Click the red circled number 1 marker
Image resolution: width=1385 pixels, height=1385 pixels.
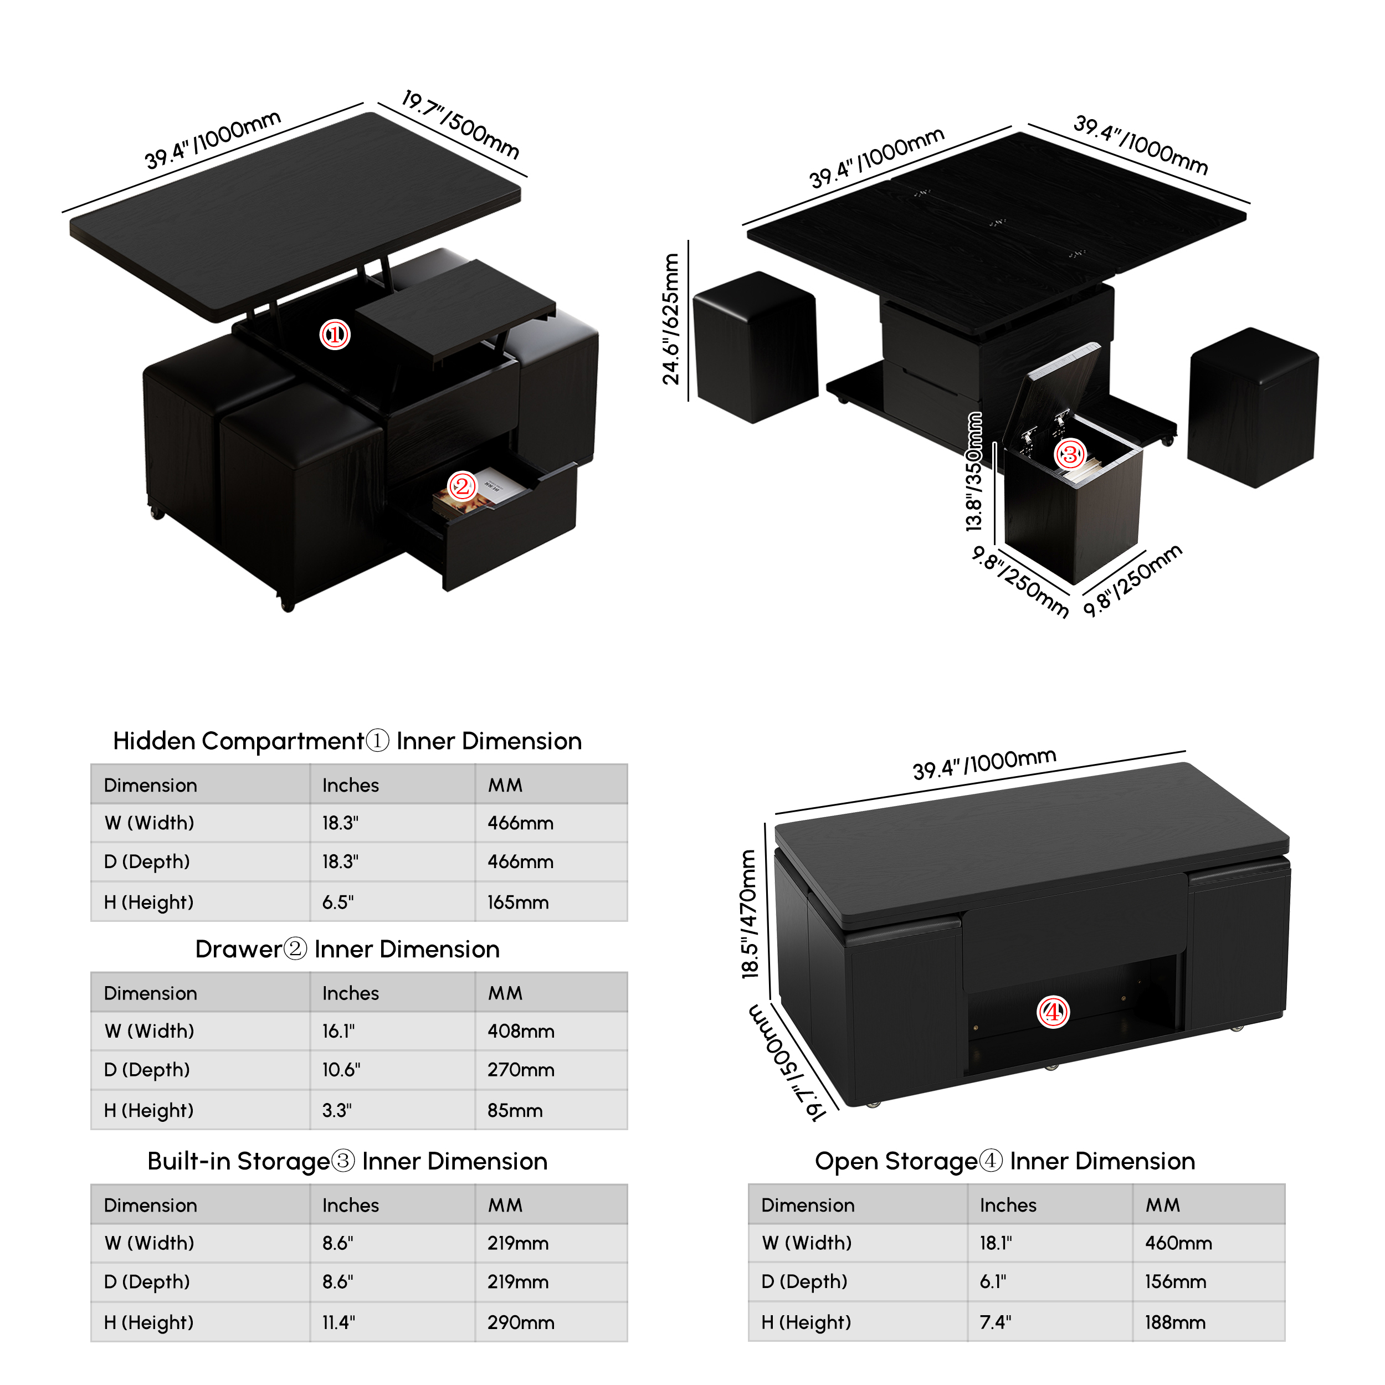pos(335,334)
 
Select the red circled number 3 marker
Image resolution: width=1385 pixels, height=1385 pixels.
pos(1070,454)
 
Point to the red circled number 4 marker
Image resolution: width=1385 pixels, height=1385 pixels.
pos(1053,1012)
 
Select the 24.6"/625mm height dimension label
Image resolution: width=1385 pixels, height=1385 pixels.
pos(670,319)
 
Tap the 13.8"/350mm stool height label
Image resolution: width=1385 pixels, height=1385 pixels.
pos(973,471)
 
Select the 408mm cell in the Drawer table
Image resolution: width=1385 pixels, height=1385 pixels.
pos(521,1031)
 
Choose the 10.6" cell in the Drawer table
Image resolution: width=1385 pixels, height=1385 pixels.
pos(341,1070)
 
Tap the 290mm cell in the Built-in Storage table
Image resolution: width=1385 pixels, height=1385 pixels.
pos(521,1322)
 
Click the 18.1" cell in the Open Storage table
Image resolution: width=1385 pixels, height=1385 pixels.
pos(996,1243)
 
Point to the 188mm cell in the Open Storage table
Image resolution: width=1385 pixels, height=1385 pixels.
pos(1175,1322)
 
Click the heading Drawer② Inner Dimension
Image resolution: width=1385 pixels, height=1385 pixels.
pos(347,949)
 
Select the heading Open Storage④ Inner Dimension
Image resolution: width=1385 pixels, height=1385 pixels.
pos(1005,1161)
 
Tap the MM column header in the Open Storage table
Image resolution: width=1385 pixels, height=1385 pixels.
pos(1162,1205)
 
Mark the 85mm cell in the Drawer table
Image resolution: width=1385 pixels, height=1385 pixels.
pos(515,1110)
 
